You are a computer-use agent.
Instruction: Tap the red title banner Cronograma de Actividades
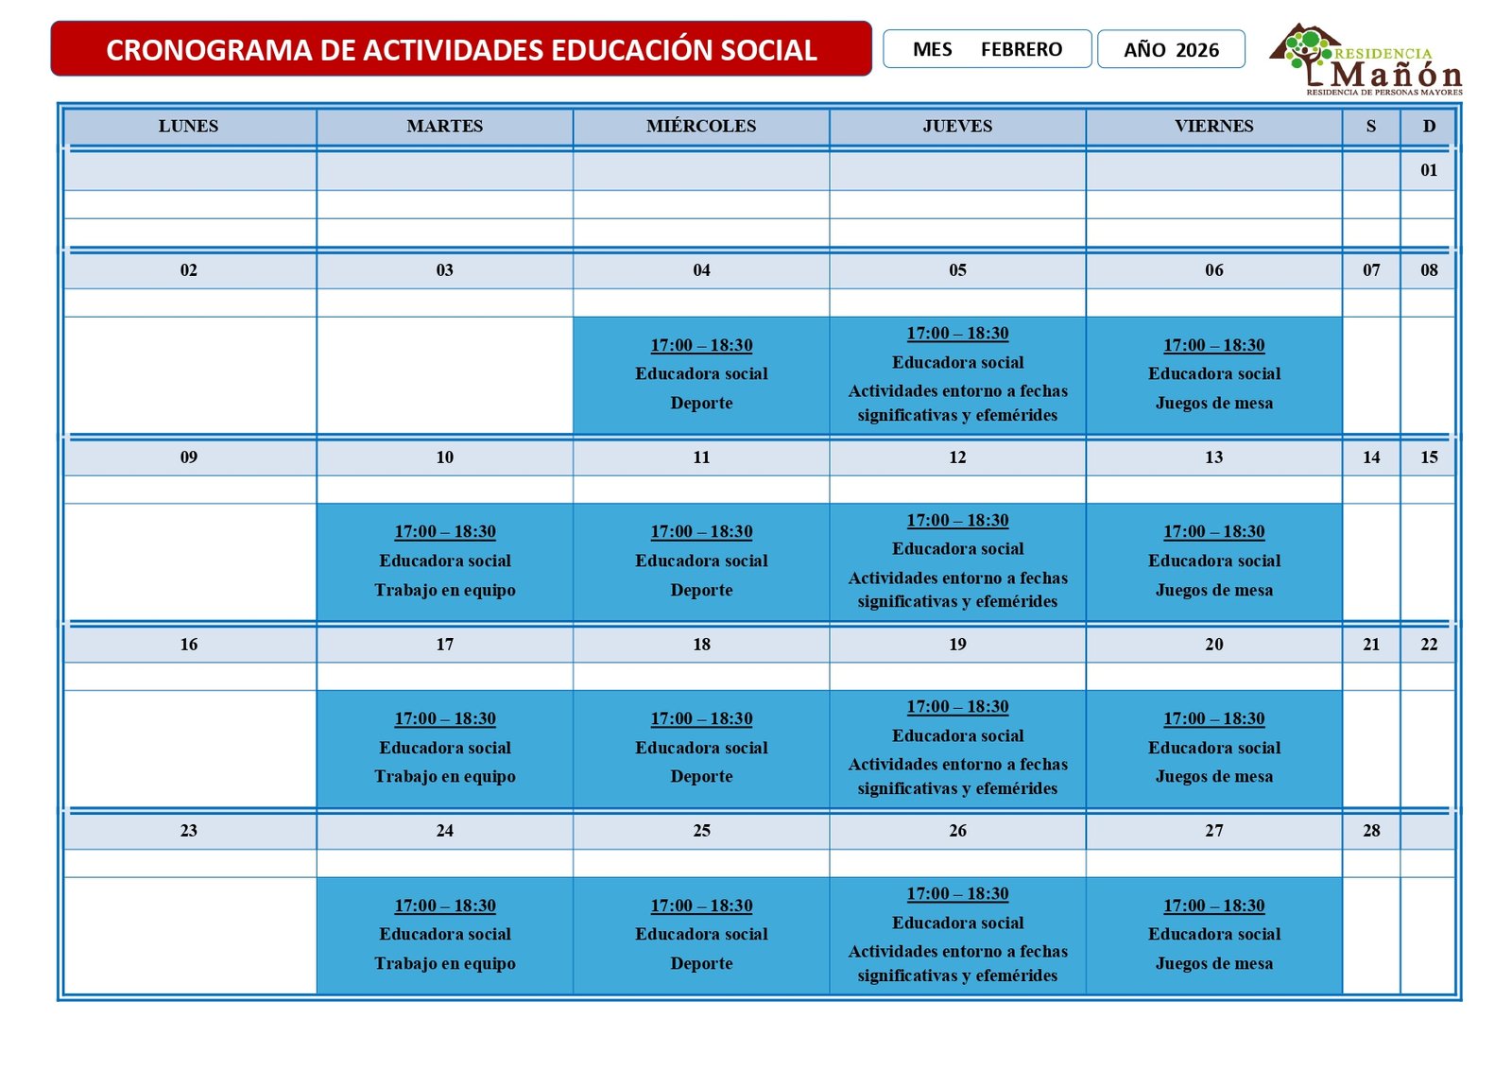click(461, 49)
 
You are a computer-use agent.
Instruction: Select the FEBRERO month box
click(987, 49)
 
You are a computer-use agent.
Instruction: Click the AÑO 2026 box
click(1171, 49)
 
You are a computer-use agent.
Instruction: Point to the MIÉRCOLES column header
click(701, 126)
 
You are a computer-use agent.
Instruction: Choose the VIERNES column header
click(1213, 126)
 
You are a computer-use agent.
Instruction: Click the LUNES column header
click(189, 126)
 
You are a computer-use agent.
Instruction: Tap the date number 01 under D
click(1428, 170)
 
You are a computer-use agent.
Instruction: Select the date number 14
click(1370, 457)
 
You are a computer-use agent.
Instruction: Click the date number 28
click(1370, 831)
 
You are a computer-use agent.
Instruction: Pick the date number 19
click(957, 645)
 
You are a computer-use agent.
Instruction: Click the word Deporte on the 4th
click(701, 403)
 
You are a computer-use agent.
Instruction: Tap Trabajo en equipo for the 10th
click(445, 590)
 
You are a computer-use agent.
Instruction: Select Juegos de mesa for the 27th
click(1213, 963)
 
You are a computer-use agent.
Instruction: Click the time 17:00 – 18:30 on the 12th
click(957, 520)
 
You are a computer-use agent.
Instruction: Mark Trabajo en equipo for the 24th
click(445, 963)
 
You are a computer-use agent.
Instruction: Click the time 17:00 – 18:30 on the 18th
click(701, 718)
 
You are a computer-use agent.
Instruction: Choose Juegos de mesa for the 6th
click(1213, 403)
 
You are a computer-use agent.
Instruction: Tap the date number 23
click(189, 831)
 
